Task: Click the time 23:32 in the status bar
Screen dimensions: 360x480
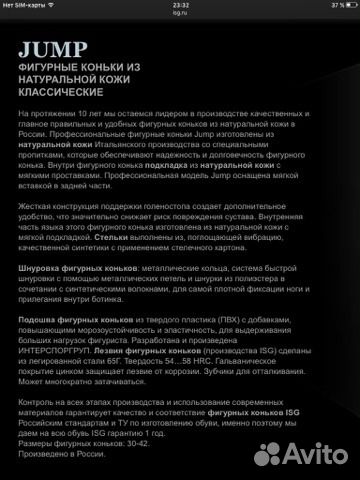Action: click(x=181, y=5)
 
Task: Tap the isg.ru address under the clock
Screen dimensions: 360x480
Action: click(x=181, y=14)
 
